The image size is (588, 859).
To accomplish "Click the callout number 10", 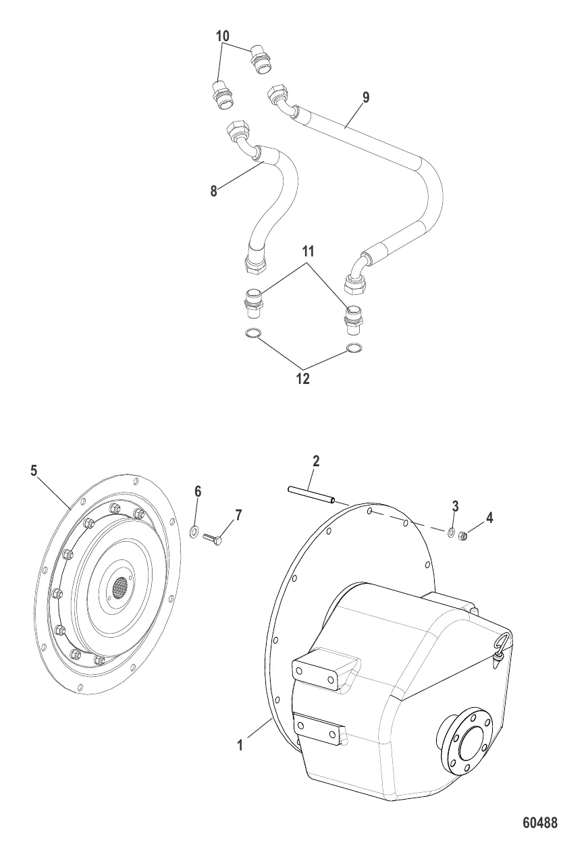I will click(223, 36).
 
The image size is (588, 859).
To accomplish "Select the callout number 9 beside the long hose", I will click(365, 98).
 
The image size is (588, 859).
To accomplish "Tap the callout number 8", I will click(214, 191).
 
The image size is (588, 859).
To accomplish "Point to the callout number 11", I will click(308, 252).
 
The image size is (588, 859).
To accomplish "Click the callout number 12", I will click(302, 379).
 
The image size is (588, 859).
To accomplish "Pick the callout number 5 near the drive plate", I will click(34, 470).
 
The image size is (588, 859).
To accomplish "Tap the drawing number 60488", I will click(539, 823).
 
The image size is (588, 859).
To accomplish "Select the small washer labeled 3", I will click(451, 533).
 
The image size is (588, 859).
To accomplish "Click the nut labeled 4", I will click(464, 536).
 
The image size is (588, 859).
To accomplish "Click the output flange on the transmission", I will click(466, 741).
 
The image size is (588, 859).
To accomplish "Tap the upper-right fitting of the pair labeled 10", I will click(260, 60).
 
